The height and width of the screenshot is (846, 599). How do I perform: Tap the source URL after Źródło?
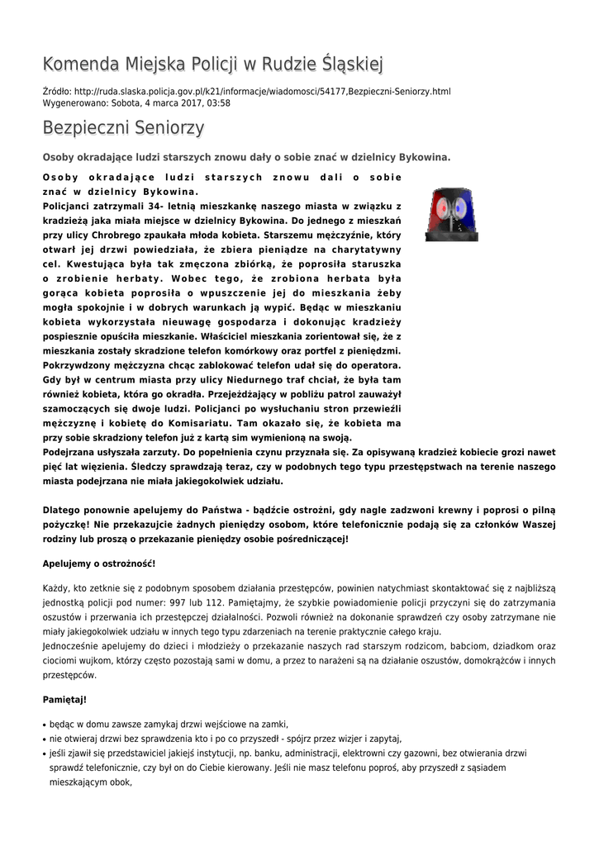tap(263, 91)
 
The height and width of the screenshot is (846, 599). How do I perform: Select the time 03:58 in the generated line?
tap(218, 103)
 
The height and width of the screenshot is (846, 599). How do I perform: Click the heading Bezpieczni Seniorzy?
tap(123, 128)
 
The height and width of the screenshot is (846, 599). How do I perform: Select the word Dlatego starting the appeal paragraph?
tap(63, 511)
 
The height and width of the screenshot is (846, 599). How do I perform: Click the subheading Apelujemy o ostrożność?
tap(98, 563)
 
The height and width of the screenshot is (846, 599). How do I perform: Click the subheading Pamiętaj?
tap(64, 700)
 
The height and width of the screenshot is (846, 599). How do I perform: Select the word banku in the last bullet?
tap(295, 753)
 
